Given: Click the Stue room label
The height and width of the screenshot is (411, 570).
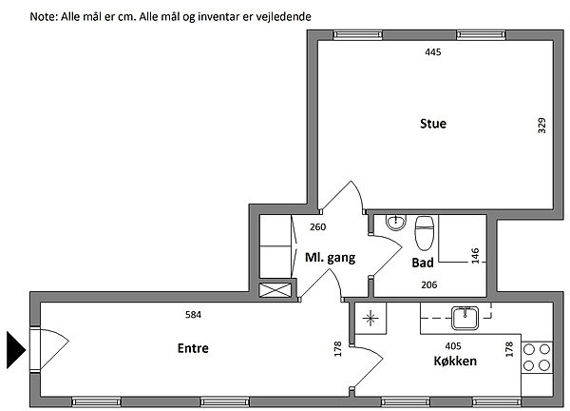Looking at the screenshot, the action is tap(433, 124).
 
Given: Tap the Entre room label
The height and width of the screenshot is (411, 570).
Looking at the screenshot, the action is tap(193, 348).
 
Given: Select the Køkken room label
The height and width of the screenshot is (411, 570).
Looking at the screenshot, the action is tap(455, 361).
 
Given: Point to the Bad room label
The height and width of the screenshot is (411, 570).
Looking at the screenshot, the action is tap(423, 263).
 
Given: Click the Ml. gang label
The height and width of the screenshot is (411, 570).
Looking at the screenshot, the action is tap(330, 258).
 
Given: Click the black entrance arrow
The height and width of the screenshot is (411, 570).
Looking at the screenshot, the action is tap(16, 350).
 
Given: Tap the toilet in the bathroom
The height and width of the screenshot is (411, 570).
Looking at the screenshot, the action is tap(425, 233).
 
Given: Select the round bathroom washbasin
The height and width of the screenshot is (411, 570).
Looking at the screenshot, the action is tap(395, 222).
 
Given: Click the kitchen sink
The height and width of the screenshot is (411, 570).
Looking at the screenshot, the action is tap(465, 318).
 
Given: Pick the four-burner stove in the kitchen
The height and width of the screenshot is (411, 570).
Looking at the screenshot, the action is tap(537, 358).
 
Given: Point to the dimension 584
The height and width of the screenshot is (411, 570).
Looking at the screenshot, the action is tap(193, 315).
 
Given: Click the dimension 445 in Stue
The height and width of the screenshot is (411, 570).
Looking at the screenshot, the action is tap(433, 52).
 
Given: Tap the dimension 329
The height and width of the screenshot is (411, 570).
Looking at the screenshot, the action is tap(541, 126).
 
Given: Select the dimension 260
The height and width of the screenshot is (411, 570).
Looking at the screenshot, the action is tap(317, 227).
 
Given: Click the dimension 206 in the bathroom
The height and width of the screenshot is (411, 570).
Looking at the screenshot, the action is tap(429, 284).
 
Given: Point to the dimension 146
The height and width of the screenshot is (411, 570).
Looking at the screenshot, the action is tap(475, 256).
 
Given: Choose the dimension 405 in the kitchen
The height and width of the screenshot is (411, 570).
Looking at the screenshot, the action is tap(453, 346).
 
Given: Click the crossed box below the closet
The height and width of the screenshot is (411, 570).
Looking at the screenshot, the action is tap(275, 290).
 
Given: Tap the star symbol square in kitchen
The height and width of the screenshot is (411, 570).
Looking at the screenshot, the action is tap(370, 319).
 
